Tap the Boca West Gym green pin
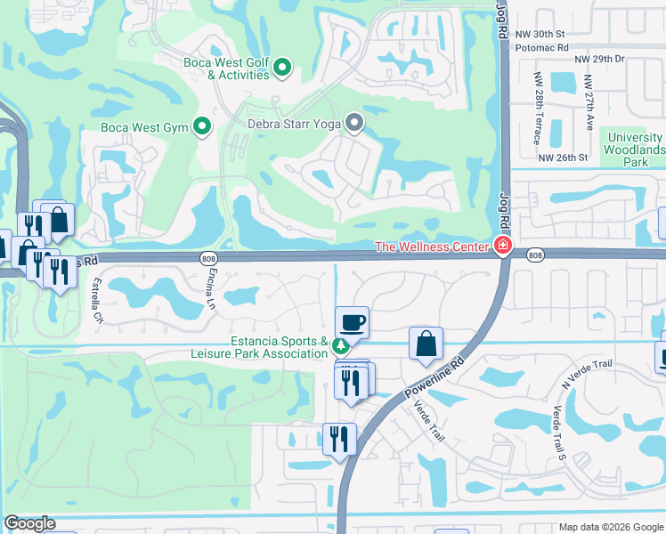coord(202,127)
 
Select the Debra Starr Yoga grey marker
coord(354,124)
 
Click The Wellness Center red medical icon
coord(503,247)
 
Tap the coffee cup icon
coord(352,322)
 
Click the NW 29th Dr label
coord(600,58)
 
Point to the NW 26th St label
coord(564,157)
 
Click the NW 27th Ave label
coord(589,103)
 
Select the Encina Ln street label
coord(211,290)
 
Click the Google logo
coord(29,524)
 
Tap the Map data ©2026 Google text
coord(609,527)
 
